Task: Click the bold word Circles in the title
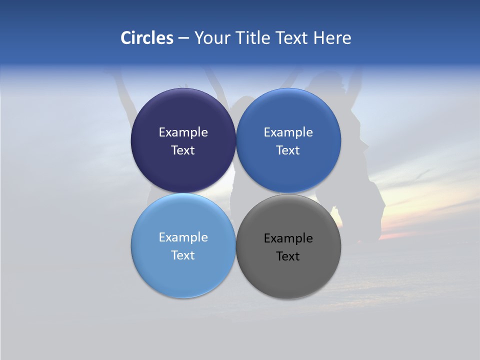click(147, 38)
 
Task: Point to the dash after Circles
click(183, 38)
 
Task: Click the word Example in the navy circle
click(183, 132)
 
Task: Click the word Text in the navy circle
click(183, 150)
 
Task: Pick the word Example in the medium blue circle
click(288, 132)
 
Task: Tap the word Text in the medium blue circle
click(288, 150)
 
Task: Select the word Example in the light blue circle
click(183, 237)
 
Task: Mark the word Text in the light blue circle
click(183, 255)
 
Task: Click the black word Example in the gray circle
click(288, 238)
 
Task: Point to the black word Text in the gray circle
click(288, 256)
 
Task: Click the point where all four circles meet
click(236, 193)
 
